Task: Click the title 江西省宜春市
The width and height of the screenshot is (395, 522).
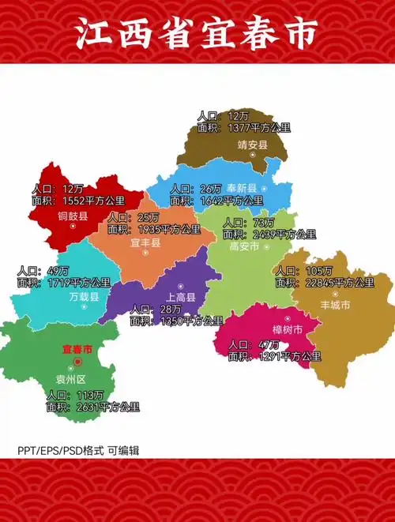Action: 197,33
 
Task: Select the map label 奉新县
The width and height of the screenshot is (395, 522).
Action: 242,188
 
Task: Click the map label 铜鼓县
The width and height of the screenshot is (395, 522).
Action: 73,215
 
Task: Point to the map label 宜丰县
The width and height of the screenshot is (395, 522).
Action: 145,243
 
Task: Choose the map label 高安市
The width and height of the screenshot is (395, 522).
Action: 244,246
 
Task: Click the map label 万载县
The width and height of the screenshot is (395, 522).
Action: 84,297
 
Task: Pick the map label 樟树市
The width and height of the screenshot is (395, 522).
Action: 288,330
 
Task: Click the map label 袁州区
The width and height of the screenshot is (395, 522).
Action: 77,378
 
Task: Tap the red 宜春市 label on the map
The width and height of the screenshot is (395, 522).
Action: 77,348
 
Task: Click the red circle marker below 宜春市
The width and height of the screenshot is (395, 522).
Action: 77,362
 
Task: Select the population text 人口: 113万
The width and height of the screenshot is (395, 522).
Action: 70,396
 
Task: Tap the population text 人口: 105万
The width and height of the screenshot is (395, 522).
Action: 297,271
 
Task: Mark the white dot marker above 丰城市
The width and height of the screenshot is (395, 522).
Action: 336,294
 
